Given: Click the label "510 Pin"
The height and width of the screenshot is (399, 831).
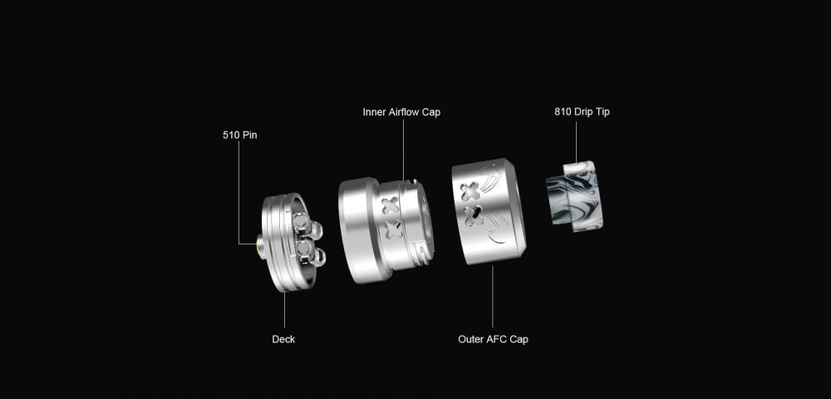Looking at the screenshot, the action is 240,135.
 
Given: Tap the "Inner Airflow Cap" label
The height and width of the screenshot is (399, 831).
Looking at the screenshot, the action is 401,112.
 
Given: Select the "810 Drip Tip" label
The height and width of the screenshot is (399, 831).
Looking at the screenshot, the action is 582,112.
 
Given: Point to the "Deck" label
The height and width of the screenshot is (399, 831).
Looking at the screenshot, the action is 283,339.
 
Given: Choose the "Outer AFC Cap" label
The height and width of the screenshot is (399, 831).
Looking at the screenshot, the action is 493,339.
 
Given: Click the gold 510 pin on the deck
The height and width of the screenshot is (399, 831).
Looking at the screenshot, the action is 261,246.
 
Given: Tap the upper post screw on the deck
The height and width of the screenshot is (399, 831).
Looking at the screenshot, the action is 308,225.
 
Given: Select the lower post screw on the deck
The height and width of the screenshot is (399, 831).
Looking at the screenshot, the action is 311,254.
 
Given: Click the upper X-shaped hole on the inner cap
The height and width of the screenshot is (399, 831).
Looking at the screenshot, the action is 391,205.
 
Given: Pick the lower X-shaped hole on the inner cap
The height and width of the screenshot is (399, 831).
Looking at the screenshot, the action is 393,229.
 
